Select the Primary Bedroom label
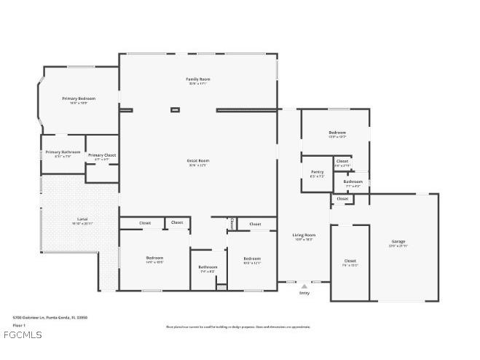point(79,98)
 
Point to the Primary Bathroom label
point(63,152)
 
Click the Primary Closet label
point(102,155)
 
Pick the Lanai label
point(82,219)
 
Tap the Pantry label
point(317,172)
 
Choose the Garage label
point(398,241)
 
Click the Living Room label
point(304,235)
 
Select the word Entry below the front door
point(304,293)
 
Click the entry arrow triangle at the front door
point(304,286)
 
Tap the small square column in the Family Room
point(175,110)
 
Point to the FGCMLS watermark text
point(22,335)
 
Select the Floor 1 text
point(20,325)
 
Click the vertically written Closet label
point(232,223)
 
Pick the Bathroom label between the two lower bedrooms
point(208,267)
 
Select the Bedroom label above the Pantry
point(337,133)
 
